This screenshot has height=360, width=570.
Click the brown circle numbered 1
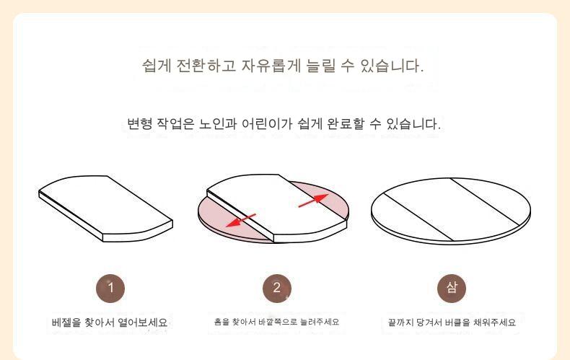pos(110,289)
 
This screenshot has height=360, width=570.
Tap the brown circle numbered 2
pos(277,289)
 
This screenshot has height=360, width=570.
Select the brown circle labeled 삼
pos(452,289)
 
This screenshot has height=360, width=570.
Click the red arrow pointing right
pos(313,201)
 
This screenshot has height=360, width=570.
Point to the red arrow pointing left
pos(241,220)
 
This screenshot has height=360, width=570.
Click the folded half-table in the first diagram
pos(105,208)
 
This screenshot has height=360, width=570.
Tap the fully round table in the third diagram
pos(451,211)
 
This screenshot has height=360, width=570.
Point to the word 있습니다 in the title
pos(393,66)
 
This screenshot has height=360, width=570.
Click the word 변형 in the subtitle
pos(139,123)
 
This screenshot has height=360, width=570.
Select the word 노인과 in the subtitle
pos(216,123)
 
